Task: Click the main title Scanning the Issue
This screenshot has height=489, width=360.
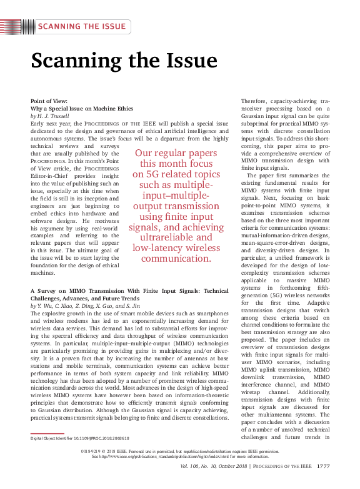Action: click(124, 61)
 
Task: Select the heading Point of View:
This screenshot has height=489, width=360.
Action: click(49, 101)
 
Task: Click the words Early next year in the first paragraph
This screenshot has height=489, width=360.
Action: click(53, 124)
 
